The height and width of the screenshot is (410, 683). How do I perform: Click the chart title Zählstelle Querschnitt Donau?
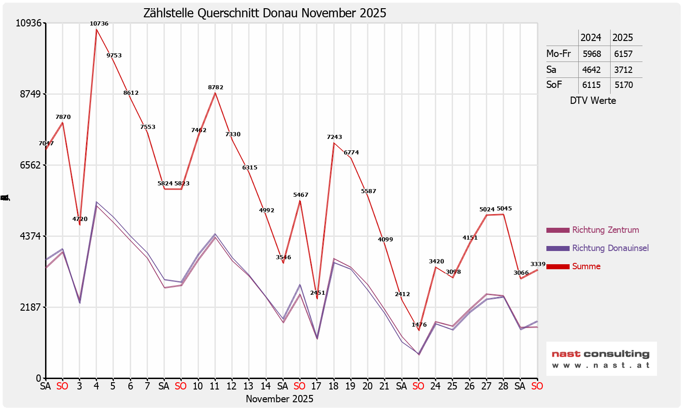point(265,13)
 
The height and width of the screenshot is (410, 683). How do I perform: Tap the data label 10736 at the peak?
point(99,24)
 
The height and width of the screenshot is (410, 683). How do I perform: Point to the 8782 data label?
point(215,87)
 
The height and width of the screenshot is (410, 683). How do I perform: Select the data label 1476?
point(419,325)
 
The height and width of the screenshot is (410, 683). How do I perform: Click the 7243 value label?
point(334,137)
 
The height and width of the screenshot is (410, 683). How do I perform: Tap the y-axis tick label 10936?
point(29,23)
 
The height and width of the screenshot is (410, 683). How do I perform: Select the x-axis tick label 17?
point(316,386)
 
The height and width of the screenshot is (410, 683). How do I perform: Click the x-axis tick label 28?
point(503,386)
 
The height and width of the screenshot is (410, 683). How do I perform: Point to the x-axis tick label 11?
point(214,386)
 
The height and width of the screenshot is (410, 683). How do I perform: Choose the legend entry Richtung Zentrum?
point(605,230)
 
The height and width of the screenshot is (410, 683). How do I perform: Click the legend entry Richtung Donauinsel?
point(610,248)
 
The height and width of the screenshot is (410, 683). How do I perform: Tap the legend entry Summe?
point(586,266)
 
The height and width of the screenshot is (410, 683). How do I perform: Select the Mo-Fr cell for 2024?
point(592,54)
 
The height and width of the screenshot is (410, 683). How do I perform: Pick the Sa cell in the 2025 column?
point(623,70)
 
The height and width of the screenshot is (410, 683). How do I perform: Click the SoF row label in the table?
point(554,85)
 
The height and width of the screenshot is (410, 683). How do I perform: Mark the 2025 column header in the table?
point(622,38)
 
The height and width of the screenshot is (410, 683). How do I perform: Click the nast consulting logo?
point(601,359)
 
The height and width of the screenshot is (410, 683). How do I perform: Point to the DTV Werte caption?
point(593,101)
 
